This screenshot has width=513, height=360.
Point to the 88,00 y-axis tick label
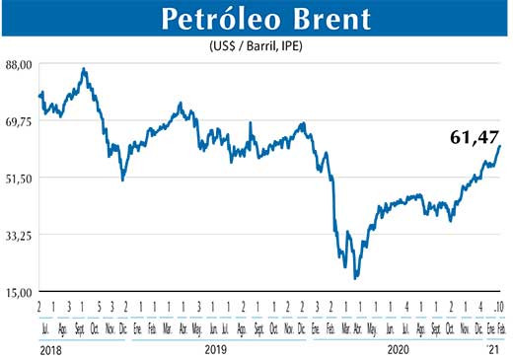pos(19,64)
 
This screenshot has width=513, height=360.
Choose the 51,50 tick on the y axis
pos(19,178)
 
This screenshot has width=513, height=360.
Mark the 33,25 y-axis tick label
pos(19,235)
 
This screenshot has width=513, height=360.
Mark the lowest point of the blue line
pos(355,278)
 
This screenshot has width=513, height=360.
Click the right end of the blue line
pos(500,146)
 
